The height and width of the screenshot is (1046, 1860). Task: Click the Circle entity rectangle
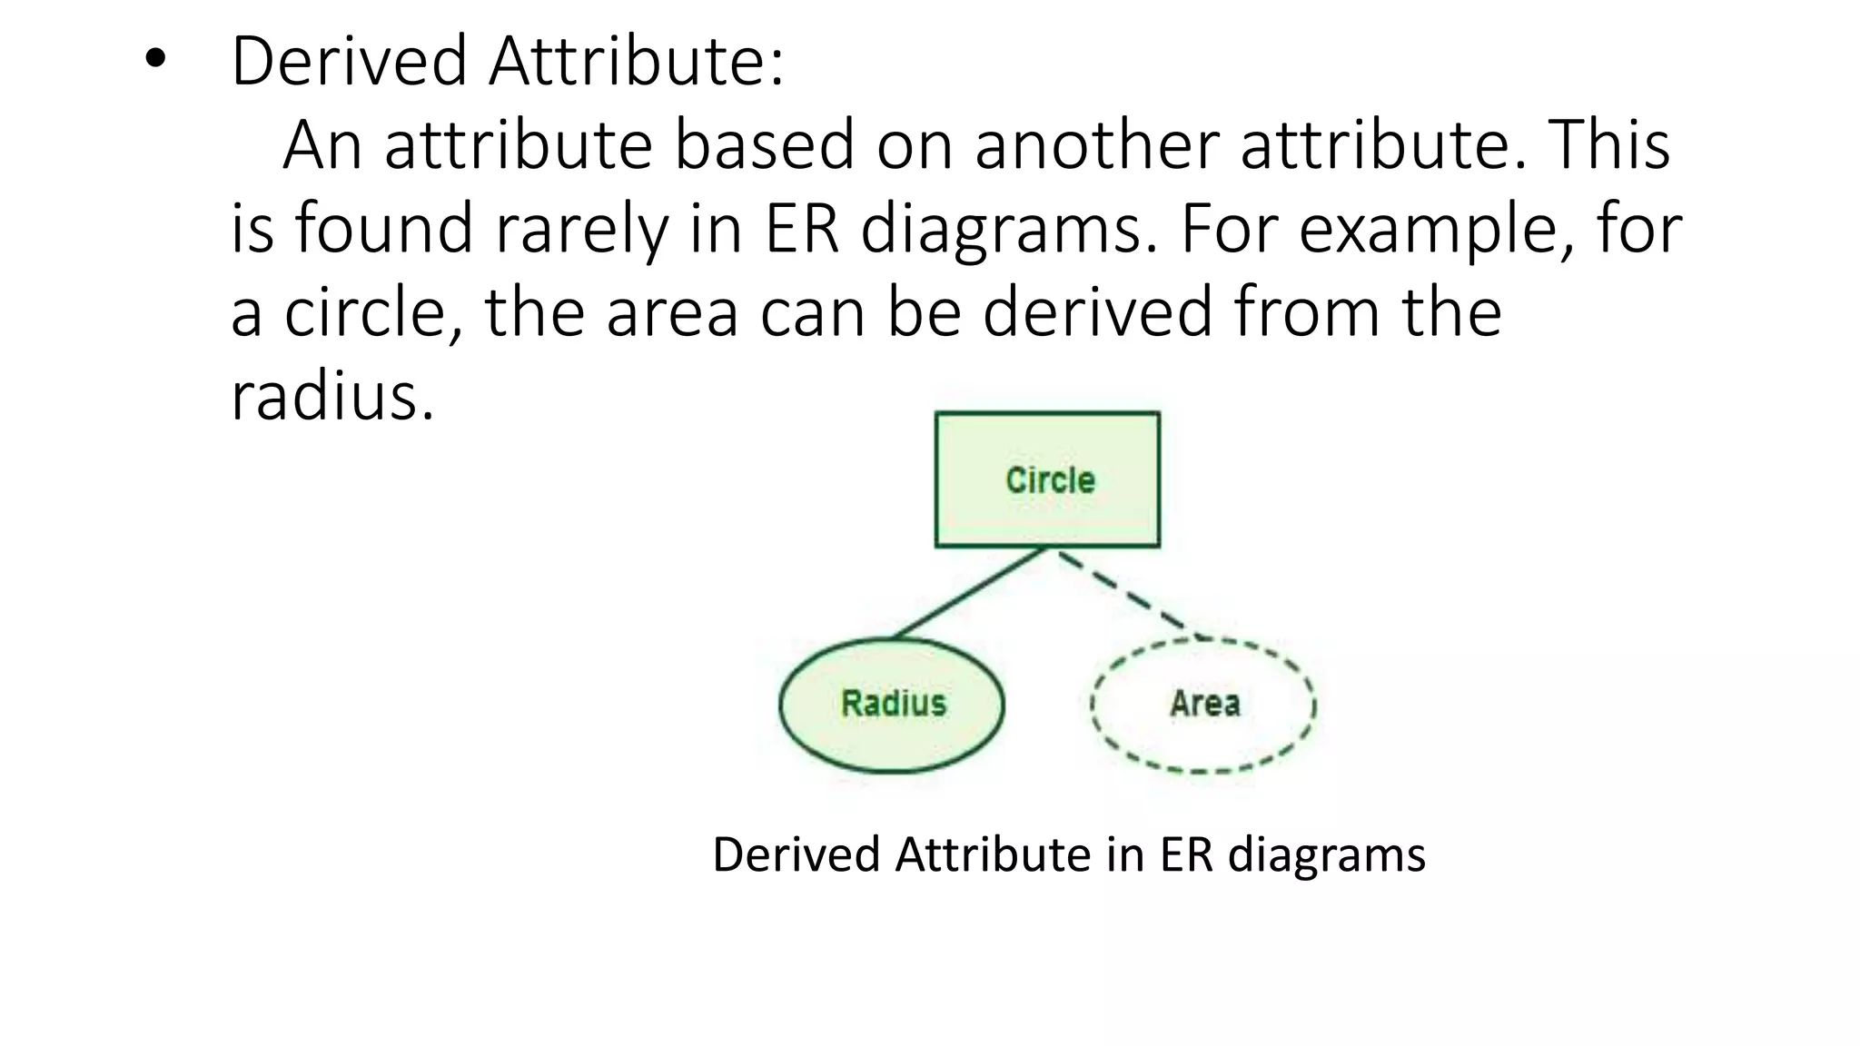(1047, 479)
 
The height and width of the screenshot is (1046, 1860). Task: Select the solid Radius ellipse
(892, 705)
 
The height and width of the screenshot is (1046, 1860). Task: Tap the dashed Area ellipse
(1203, 705)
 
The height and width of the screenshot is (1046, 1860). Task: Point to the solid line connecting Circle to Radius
(968, 594)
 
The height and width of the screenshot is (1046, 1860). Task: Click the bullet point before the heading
(155, 60)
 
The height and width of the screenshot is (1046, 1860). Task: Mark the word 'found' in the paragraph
(383, 229)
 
